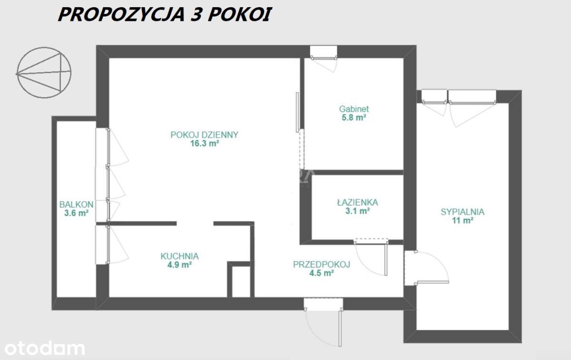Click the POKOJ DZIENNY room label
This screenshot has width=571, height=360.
point(204,135)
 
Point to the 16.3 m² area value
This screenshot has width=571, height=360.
point(204,143)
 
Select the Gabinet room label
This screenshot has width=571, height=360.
point(353,109)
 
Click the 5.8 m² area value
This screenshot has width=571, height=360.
point(353,117)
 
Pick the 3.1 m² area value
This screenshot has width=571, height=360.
point(357,211)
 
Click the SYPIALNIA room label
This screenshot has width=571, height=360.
point(462,212)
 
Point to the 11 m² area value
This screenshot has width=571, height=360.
point(462,221)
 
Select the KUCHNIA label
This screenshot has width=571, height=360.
point(179,256)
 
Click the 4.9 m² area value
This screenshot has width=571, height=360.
point(179,265)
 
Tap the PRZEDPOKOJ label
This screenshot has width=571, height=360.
point(322,264)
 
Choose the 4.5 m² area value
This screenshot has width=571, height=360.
point(322,273)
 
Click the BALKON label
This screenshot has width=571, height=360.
point(76,204)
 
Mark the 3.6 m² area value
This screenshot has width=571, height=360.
point(76,213)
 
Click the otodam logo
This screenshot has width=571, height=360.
point(42,348)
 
